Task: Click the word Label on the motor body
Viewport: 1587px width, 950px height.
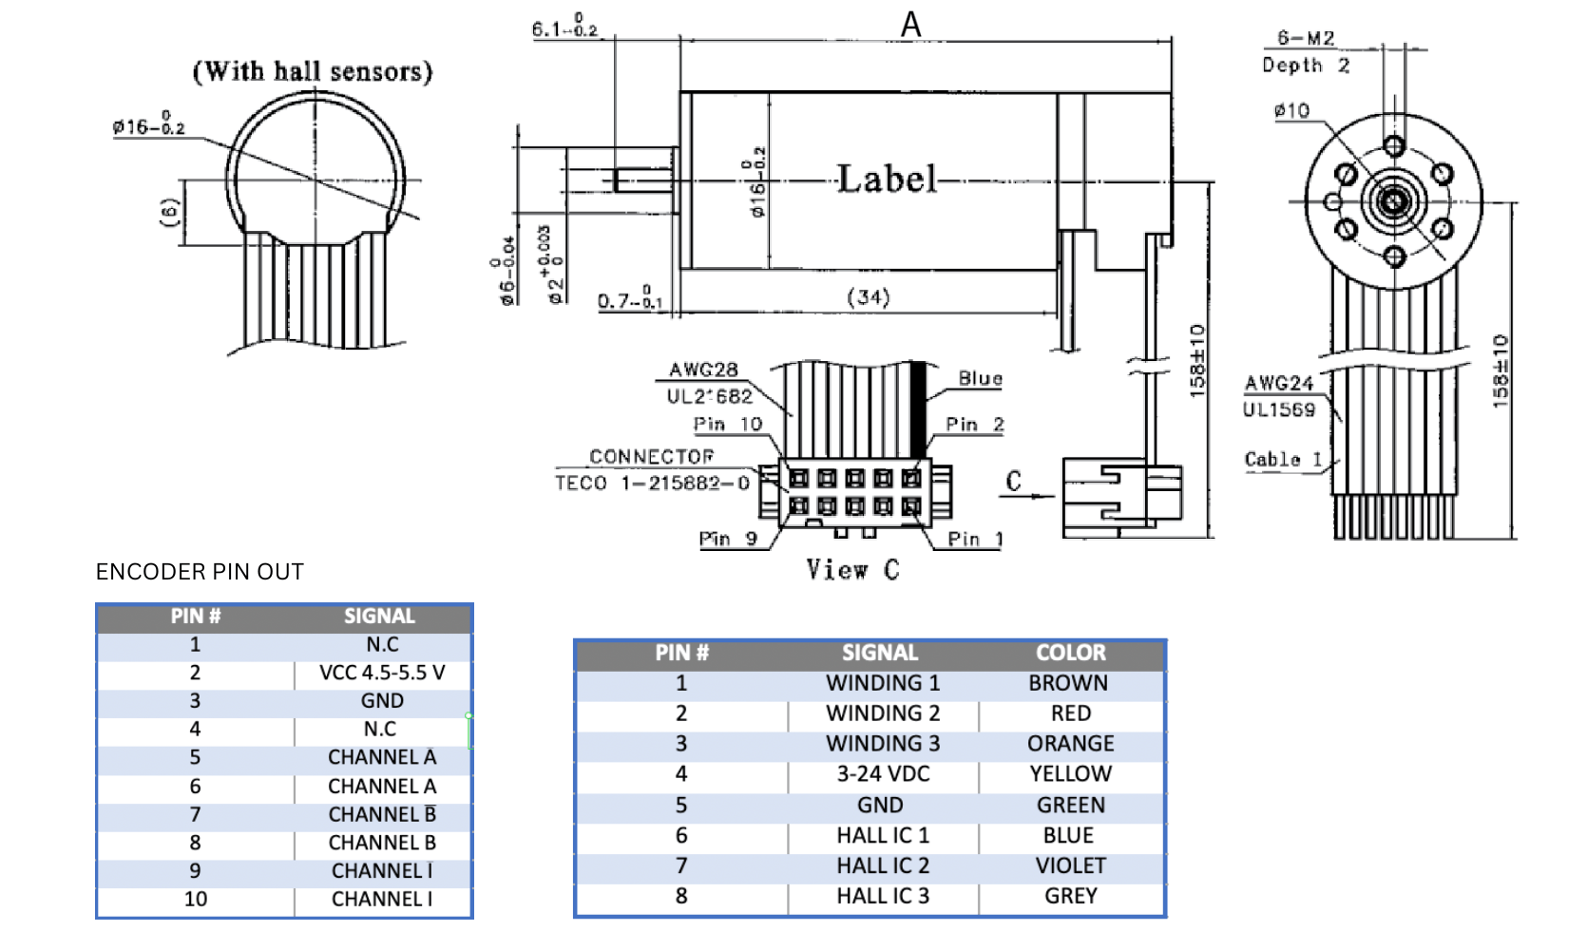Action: click(886, 179)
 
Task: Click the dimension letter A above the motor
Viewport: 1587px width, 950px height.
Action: click(910, 24)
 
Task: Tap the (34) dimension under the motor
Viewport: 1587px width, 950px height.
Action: click(868, 297)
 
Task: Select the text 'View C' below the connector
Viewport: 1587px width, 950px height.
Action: click(852, 569)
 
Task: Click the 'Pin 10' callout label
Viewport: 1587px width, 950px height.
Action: click(727, 424)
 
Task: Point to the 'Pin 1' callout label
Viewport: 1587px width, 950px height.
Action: click(975, 539)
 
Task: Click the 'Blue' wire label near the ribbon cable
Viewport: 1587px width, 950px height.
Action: click(980, 378)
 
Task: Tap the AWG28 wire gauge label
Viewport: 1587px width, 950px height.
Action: click(703, 370)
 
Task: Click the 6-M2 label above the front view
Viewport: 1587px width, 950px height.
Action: click(1306, 38)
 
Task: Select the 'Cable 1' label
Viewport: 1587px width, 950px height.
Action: click(1283, 459)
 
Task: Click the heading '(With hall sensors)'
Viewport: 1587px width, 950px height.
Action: click(313, 71)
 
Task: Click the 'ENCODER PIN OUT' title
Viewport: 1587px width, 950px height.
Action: click(200, 572)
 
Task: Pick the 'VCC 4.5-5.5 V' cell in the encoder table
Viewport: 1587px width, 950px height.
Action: click(382, 673)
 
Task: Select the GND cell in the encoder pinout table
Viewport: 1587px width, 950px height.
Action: click(382, 701)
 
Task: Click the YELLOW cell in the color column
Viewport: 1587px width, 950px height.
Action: click(1070, 774)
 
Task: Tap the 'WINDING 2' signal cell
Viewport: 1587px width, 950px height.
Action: click(883, 713)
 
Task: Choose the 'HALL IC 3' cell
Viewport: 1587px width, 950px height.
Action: click(883, 896)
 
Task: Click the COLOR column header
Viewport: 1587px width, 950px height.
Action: click(1070, 653)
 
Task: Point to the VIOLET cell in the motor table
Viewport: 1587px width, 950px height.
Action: click(1070, 865)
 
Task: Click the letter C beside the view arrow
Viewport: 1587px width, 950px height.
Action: click(1014, 481)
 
